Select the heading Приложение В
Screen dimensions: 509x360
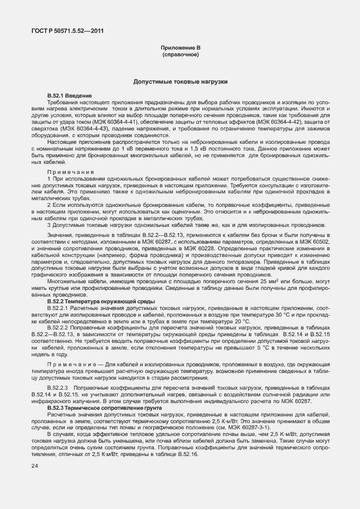tap(180, 50)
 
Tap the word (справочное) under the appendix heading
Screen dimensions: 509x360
tap(180, 56)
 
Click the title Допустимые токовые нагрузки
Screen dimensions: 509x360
tap(180, 81)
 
